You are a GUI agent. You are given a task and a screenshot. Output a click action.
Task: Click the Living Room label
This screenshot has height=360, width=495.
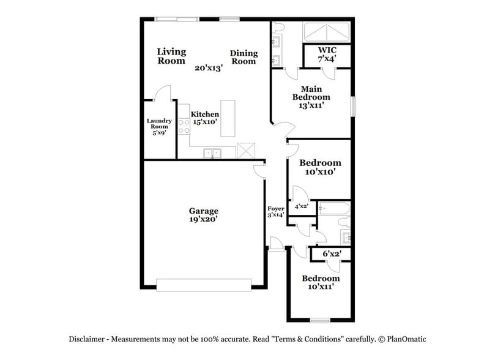point(171,56)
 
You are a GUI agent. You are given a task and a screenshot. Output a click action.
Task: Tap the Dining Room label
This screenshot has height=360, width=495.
point(244,57)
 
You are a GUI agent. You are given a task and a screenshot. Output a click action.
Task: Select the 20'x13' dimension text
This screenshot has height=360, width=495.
point(209,68)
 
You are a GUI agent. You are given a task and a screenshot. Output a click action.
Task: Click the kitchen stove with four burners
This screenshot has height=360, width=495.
point(184,126)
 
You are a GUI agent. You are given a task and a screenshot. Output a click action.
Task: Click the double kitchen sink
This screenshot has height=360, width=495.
point(212,153)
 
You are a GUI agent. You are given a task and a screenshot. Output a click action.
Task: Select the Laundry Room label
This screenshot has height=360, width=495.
point(159,127)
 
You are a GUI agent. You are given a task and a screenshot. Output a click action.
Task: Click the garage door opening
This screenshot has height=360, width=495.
point(204,284)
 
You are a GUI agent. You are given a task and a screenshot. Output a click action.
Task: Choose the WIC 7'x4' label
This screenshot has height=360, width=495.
point(327,54)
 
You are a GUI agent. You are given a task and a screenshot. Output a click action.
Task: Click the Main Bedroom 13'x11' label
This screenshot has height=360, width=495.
point(311,97)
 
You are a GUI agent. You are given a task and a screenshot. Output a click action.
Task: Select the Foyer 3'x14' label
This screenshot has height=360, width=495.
point(275,212)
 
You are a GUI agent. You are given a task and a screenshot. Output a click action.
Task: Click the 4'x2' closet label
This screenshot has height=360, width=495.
point(302,207)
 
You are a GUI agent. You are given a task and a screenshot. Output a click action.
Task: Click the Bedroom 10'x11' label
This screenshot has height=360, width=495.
point(321,282)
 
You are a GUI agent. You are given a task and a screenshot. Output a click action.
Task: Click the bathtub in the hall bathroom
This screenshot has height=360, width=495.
point(333,209)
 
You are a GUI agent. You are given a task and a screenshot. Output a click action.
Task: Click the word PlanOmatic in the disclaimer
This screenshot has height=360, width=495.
point(404,339)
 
